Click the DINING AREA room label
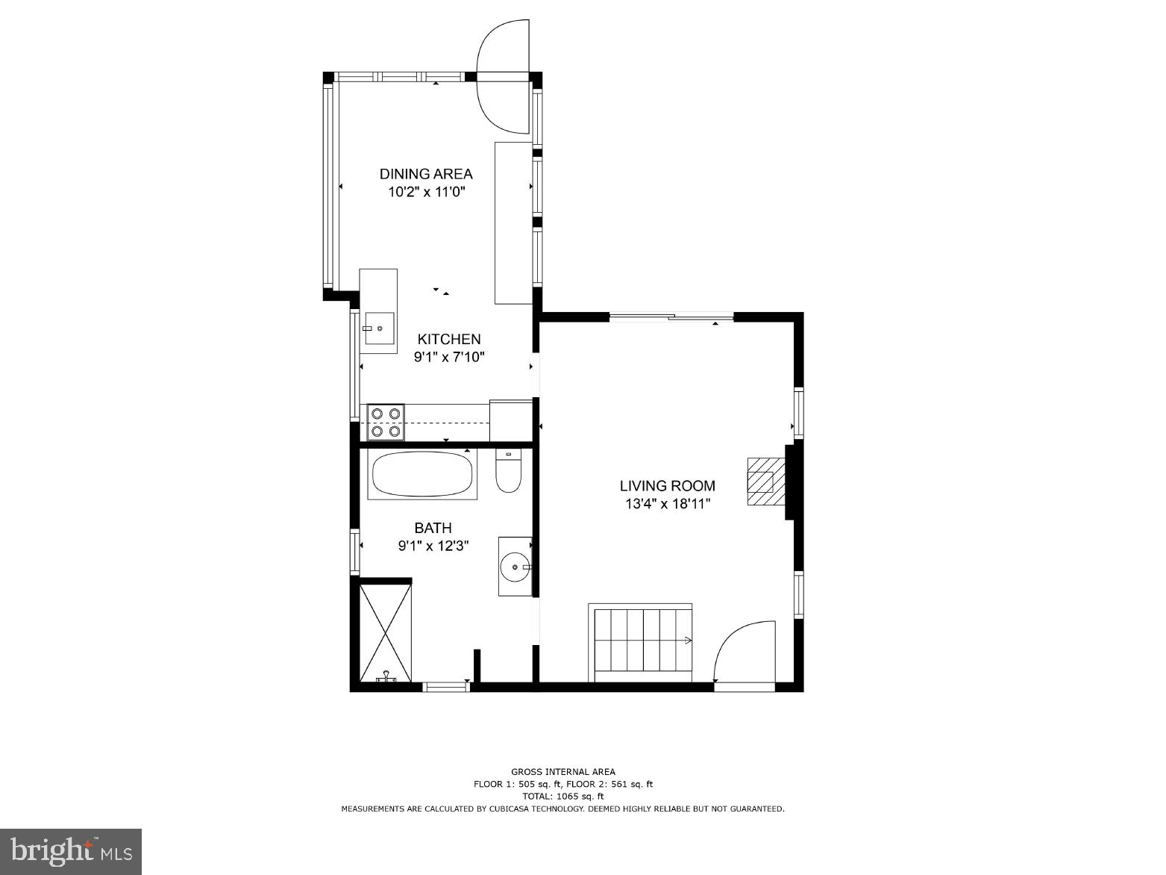[425, 174]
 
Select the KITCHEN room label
[448, 339]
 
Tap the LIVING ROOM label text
[667, 486]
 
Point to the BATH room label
[433, 529]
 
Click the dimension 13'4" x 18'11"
[667, 504]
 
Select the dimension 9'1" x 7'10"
[449, 357]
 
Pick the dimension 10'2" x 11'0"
[426, 192]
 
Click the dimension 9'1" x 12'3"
[433, 547]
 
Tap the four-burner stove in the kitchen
[386, 422]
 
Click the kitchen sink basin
[379, 328]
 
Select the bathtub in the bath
[422, 474]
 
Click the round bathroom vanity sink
[515, 567]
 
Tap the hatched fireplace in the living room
[762, 482]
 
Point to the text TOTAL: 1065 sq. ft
[562, 797]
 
